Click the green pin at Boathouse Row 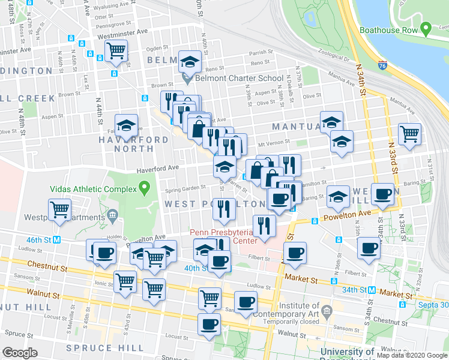pos(426,28)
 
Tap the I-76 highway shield pos(382,64)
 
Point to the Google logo pos(20,353)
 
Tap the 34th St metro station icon pos(372,290)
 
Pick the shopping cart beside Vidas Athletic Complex pos(60,209)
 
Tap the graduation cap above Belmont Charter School pos(189,61)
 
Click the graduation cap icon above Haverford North pos(127,125)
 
